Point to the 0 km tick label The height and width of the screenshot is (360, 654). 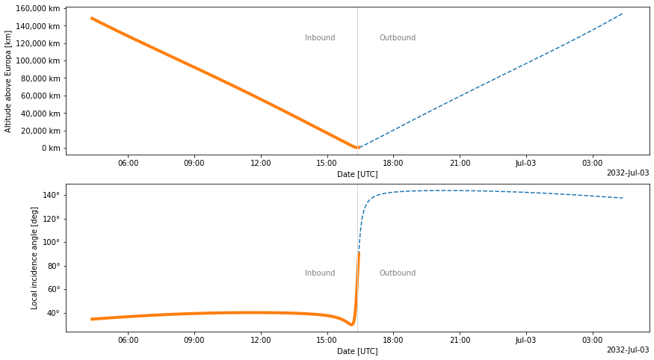[x=50, y=148]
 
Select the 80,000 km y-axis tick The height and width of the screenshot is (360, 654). [x=42, y=78]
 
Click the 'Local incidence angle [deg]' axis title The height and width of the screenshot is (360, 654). [x=34, y=258]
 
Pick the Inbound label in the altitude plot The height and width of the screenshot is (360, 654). [x=320, y=38]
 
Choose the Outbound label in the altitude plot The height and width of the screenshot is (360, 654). [x=397, y=38]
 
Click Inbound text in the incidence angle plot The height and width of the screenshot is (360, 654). [x=320, y=273]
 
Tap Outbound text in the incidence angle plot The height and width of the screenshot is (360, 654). [x=397, y=273]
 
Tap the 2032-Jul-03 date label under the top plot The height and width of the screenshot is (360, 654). [x=627, y=173]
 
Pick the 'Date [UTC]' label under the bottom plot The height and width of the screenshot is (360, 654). [x=357, y=351]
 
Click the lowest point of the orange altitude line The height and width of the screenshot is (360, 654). [x=357, y=148]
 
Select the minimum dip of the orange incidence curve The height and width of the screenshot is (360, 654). [x=351, y=325]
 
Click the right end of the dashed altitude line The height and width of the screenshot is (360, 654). [x=623, y=13]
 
